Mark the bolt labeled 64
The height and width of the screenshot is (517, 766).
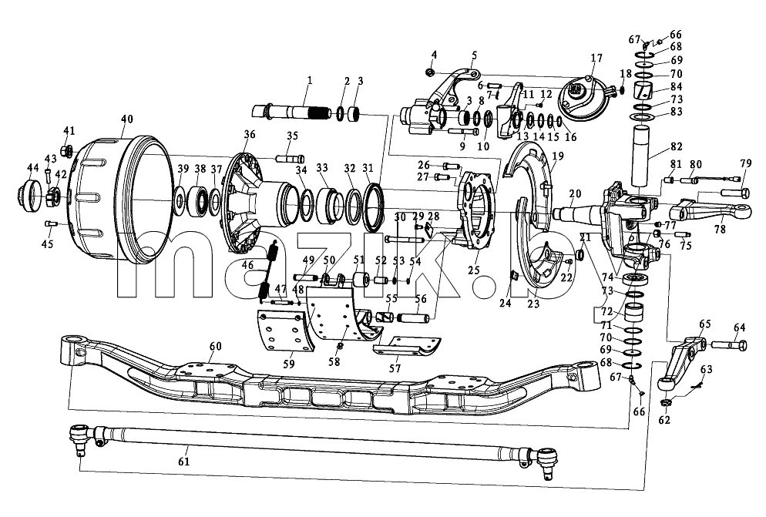pyautogui.click(x=728, y=345)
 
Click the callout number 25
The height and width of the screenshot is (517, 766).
pyautogui.click(x=474, y=269)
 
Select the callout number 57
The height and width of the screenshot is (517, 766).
pyautogui.click(x=395, y=368)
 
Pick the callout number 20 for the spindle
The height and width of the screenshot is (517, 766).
pyautogui.click(x=575, y=193)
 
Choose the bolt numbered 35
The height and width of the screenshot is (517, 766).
pyautogui.click(x=291, y=158)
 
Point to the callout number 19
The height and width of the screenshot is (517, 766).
pyautogui.click(x=557, y=156)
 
